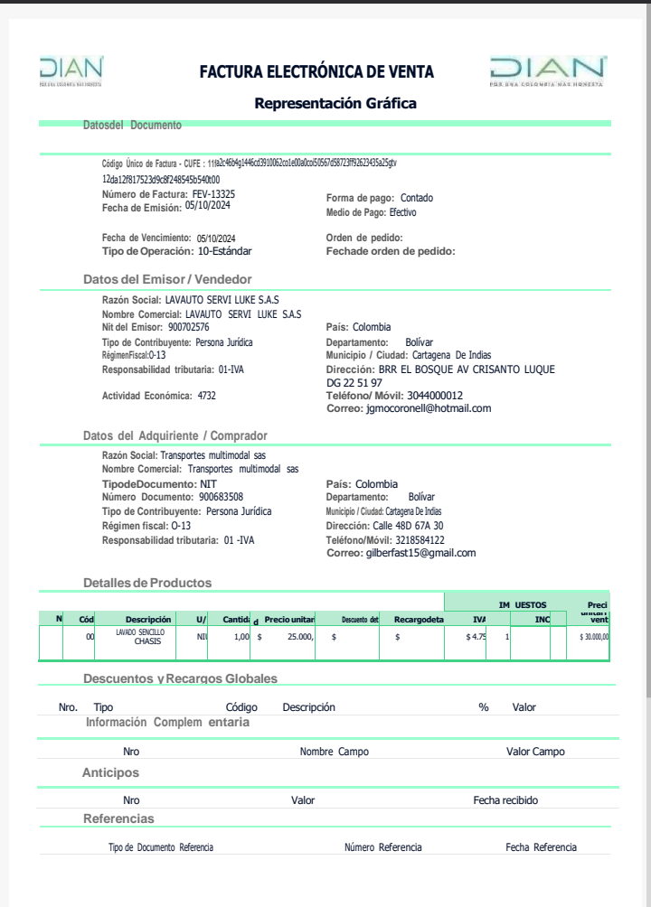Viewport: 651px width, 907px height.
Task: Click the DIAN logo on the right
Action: click(548, 70)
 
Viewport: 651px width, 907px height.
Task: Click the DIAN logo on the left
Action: click(71, 70)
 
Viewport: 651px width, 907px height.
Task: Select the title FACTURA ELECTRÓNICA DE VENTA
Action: click(316, 71)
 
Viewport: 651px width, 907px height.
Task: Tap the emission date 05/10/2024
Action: click(209, 206)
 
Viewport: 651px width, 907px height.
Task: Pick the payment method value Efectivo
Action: click(403, 213)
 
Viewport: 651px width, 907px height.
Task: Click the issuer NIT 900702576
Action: click(188, 327)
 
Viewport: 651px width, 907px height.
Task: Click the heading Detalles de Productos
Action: click(147, 583)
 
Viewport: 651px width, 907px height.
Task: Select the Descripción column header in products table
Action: click(148, 619)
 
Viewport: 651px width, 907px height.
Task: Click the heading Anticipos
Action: click(110, 773)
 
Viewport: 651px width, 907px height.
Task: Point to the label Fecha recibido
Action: click(505, 800)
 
